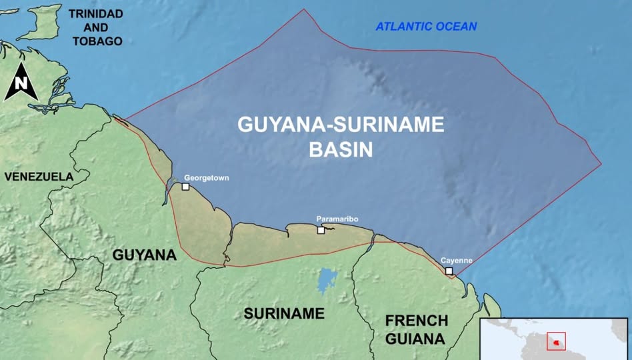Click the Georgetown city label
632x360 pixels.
coord(207,178)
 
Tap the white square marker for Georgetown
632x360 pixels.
coord(185,187)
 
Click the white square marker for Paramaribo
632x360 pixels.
coord(321,231)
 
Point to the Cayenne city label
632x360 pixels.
coord(456,260)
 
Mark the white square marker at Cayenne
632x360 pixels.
coord(449,271)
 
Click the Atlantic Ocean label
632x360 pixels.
coord(426,27)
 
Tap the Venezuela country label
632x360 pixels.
coord(39,177)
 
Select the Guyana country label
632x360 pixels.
coord(144,255)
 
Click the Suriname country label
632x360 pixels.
coord(284,313)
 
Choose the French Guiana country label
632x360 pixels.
coord(415,329)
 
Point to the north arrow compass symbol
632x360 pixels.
coord(21,83)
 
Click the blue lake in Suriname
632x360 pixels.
coord(327,281)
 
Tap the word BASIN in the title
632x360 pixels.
coord(340,150)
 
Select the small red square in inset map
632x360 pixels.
coord(555,341)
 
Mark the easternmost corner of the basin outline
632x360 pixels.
coord(601,164)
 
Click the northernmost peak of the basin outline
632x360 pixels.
coord(304,9)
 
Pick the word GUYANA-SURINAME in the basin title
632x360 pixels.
coord(340,125)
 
